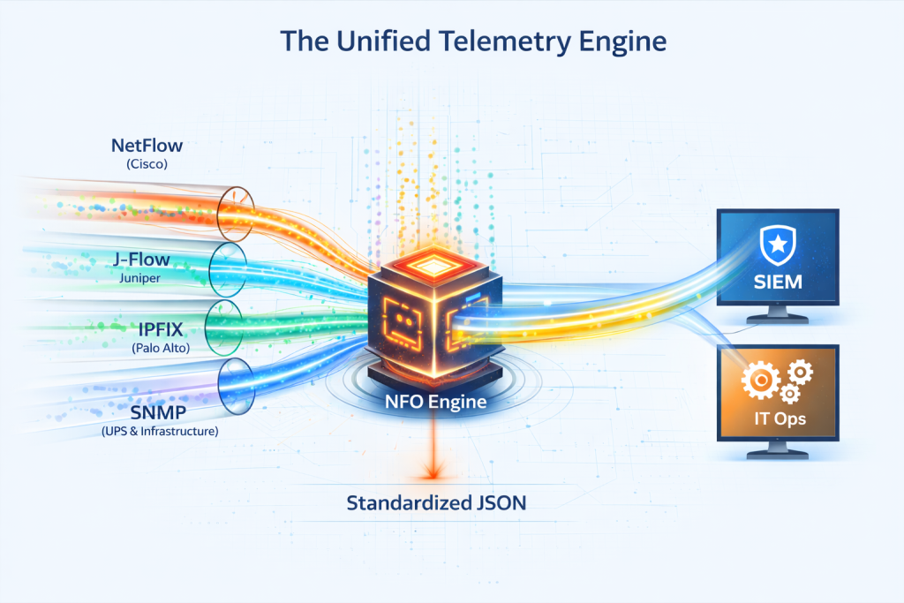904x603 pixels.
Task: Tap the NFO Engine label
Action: click(434, 402)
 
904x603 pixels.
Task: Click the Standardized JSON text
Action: click(436, 504)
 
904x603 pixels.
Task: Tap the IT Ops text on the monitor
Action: click(777, 418)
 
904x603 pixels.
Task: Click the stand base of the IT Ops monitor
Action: click(777, 456)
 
